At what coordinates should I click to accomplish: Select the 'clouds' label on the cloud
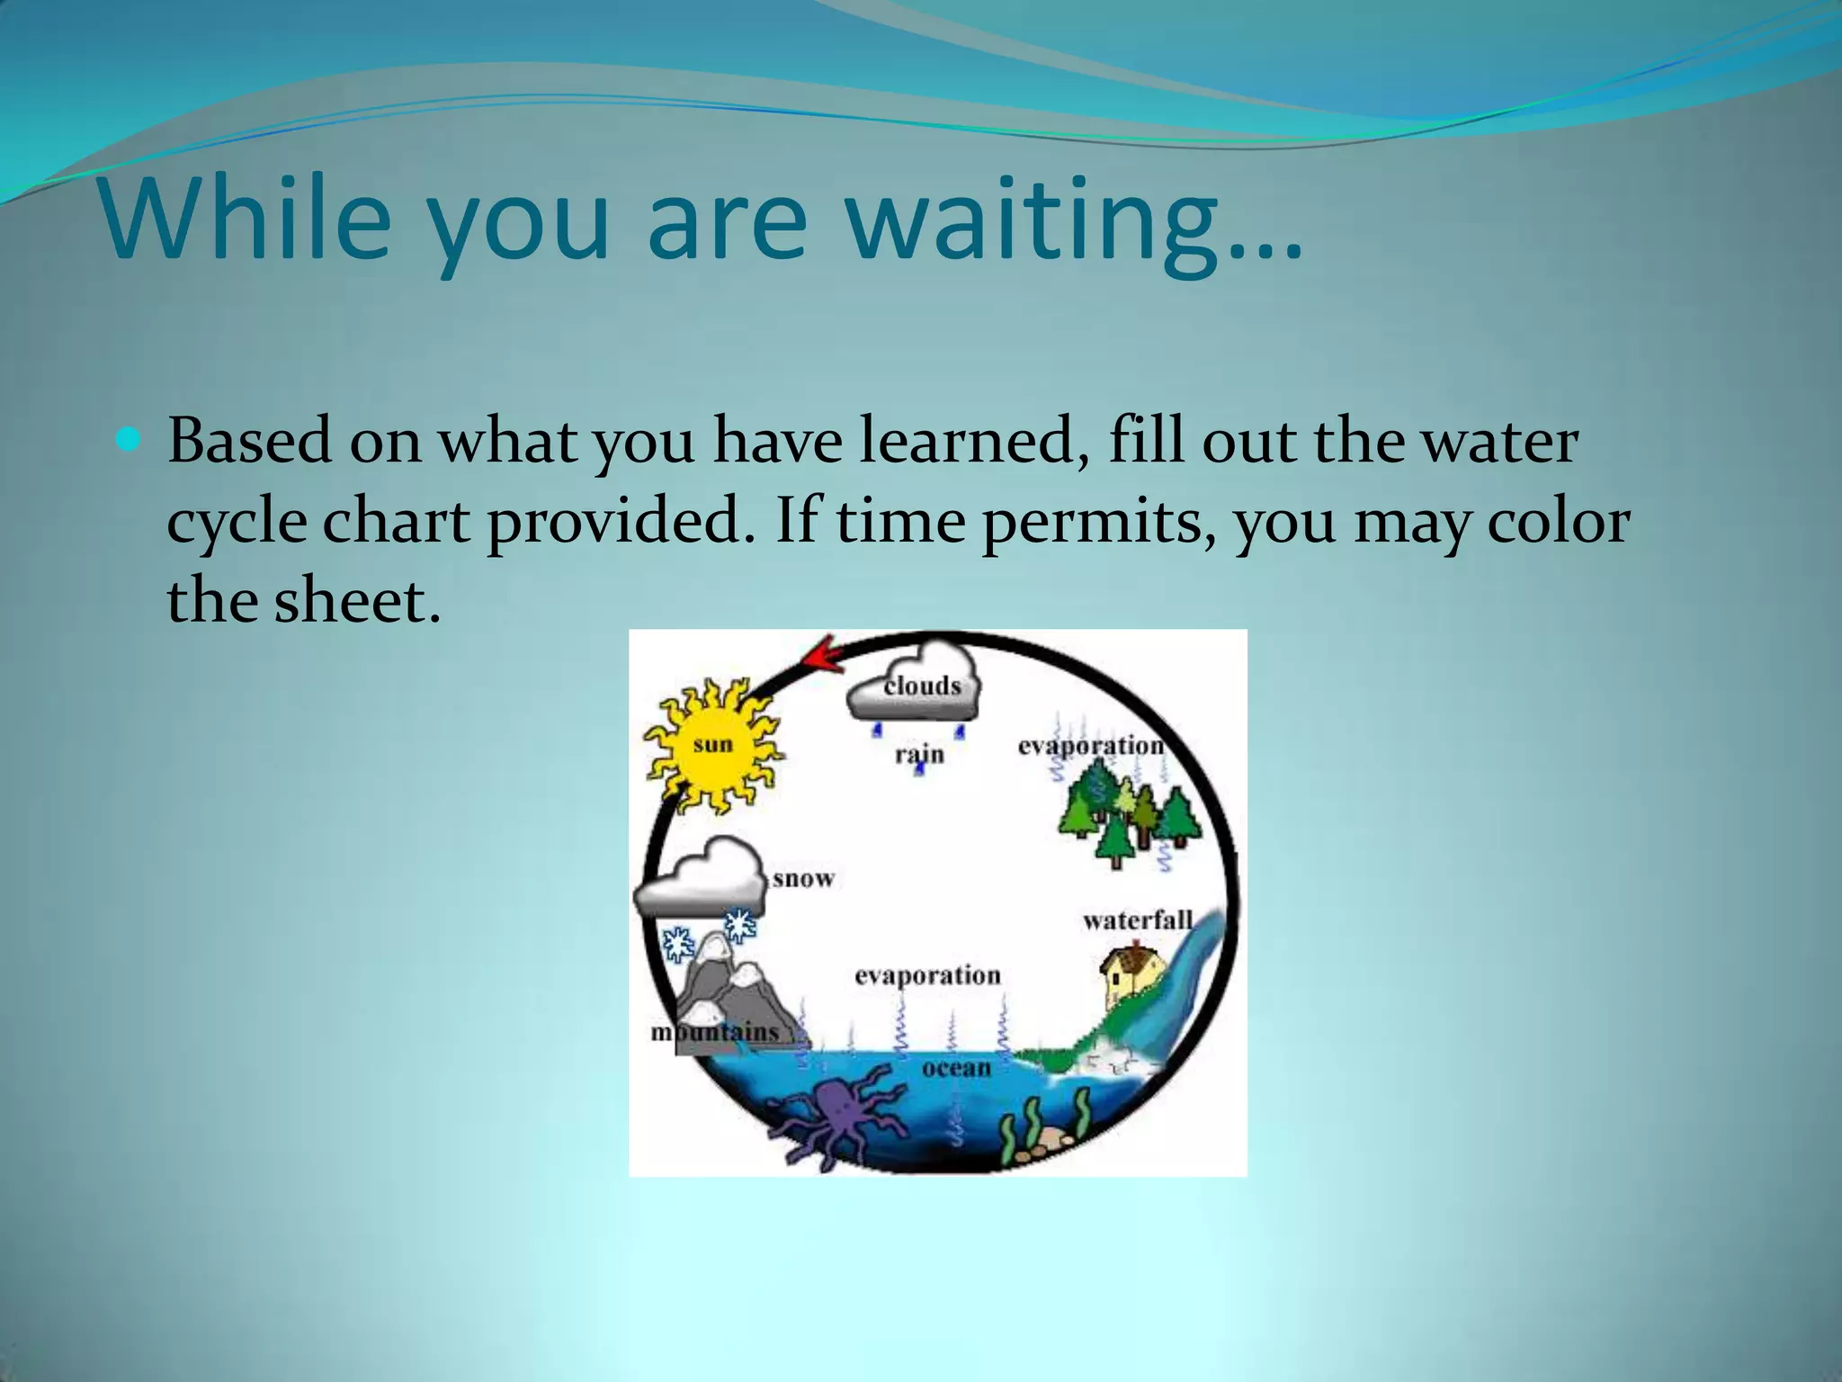pos(922,686)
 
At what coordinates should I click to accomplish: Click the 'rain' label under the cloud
pos(919,754)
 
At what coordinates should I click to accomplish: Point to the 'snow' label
pos(803,878)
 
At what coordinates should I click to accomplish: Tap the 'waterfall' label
pos(1138,920)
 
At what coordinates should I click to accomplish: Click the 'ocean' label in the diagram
pos(956,1068)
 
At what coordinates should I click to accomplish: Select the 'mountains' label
pos(715,1032)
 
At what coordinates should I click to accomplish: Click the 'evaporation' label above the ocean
pos(927,975)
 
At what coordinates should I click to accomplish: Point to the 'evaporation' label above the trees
pos(1091,746)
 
